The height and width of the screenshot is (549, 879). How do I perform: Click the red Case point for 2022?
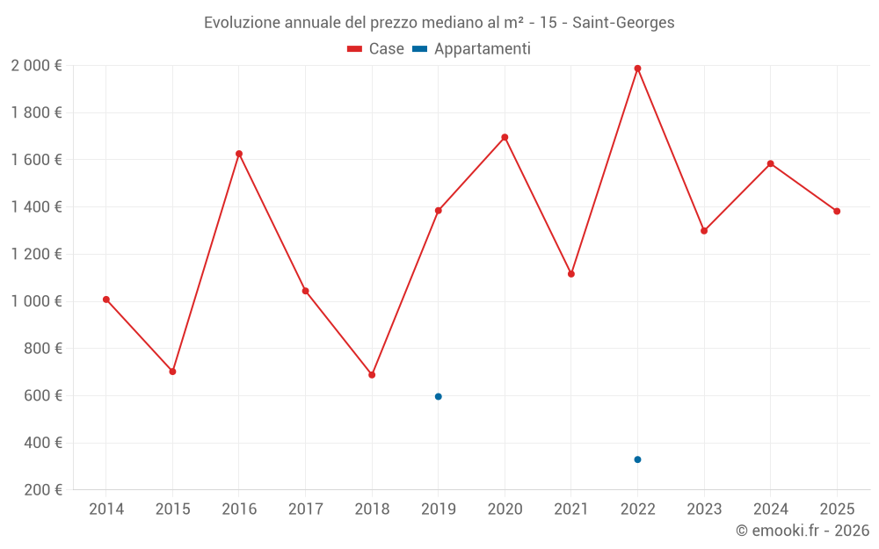(x=637, y=69)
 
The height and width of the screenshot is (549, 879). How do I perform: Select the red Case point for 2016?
(x=239, y=154)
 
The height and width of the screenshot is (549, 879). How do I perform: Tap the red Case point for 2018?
(x=372, y=375)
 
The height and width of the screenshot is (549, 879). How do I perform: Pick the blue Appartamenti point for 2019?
(x=438, y=397)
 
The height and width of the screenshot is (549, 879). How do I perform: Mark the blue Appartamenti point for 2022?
(x=637, y=459)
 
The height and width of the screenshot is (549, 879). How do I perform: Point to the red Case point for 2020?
(x=505, y=137)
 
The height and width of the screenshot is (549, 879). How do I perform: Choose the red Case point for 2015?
(x=172, y=372)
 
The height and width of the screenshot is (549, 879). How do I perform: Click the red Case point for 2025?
(x=837, y=211)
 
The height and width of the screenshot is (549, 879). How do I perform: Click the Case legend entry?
(x=376, y=49)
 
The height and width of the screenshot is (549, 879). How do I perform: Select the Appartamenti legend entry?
(x=472, y=49)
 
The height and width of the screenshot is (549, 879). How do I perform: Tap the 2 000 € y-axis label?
(x=36, y=66)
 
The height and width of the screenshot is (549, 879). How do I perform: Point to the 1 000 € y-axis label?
(x=36, y=301)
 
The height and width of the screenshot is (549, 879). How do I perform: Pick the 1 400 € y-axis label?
(x=36, y=207)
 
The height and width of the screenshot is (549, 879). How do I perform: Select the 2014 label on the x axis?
(x=106, y=509)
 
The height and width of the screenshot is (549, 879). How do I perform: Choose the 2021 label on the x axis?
(x=571, y=509)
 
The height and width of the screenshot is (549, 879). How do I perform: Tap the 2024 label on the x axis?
(x=771, y=509)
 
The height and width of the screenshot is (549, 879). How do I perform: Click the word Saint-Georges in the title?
(x=623, y=23)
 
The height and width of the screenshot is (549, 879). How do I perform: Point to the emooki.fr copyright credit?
(x=802, y=531)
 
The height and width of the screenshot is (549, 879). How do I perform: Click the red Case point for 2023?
(x=704, y=231)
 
